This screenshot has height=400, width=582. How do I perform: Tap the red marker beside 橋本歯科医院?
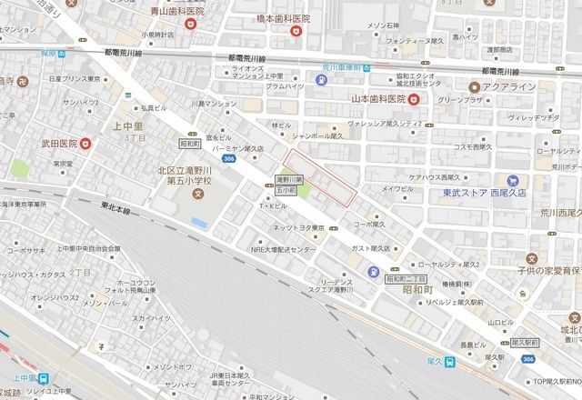(x=295, y=33)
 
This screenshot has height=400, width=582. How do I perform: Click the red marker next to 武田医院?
(x=86, y=143)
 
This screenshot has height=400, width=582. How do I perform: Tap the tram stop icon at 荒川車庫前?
(x=323, y=79)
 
